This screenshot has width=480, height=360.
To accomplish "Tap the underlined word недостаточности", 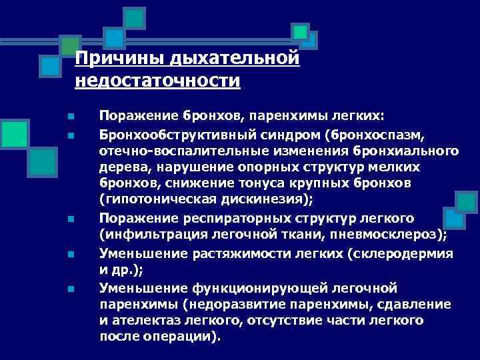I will pos(157,81).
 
